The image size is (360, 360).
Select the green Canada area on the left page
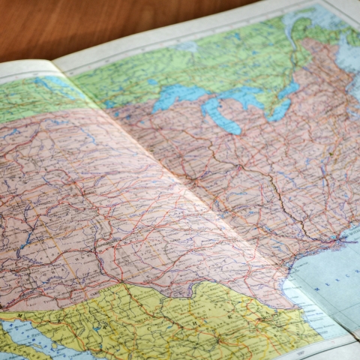tap(30, 97)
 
